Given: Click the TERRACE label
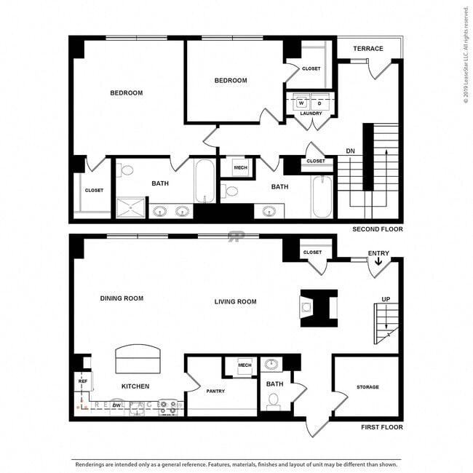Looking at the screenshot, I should pos(368,49).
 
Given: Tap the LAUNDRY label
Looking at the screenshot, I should pos(311,113).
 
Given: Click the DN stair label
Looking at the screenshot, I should pos(351,151).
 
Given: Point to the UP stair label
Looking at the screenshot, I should pos(386,299).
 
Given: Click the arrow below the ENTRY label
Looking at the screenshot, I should pos(378,263).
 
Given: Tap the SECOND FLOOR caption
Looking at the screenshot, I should pos(377,229).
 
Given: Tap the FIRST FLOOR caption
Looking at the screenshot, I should pos(382,427).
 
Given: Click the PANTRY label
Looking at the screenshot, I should pos(215,391).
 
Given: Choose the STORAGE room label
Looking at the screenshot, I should pos(367,387).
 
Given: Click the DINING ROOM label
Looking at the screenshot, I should pos(122,298).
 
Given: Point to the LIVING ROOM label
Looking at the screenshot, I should pos(235,301).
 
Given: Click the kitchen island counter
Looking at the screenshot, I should pos(137,359).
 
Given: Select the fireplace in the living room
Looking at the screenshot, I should pos(319,308).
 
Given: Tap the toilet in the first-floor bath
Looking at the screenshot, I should pos(274,400).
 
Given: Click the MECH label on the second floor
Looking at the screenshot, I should pos(240,168).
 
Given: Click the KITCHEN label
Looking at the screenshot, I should pos(135,386).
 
